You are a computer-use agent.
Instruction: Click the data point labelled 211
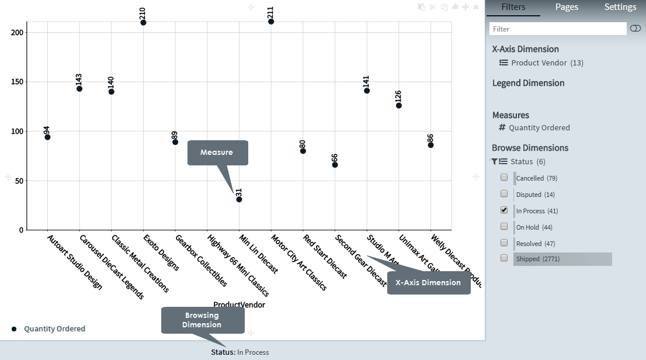(x=271, y=22)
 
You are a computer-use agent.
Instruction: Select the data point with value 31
(x=239, y=199)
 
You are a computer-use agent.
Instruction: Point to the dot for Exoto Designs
(x=143, y=23)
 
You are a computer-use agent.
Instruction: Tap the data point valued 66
(x=335, y=165)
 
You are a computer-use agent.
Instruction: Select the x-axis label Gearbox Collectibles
(x=202, y=261)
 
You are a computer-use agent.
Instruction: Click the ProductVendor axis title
(x=239, y=304)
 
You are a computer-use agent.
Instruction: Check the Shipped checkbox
(x=504, y=258)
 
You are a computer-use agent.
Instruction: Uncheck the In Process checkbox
(x=504, y=210)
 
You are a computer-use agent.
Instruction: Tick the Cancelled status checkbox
(x=504, y=177)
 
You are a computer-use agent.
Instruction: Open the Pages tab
(x=567, y=8)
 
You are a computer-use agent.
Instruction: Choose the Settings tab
(x=620, y=8)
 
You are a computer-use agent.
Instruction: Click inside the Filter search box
(x=558, y=29)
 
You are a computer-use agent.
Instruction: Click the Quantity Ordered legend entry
(x=54, y=329)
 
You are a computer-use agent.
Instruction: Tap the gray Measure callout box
(x=217, y=153)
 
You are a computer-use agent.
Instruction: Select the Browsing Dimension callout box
(x=203, y=320)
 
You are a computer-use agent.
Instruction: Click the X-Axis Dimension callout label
(x=429, y=283)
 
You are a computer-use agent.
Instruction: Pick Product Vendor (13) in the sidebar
(x=547, y=63)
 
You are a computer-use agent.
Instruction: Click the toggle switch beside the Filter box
(x=635, y=29)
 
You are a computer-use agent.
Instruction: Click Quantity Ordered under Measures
(x=539, y=127)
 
